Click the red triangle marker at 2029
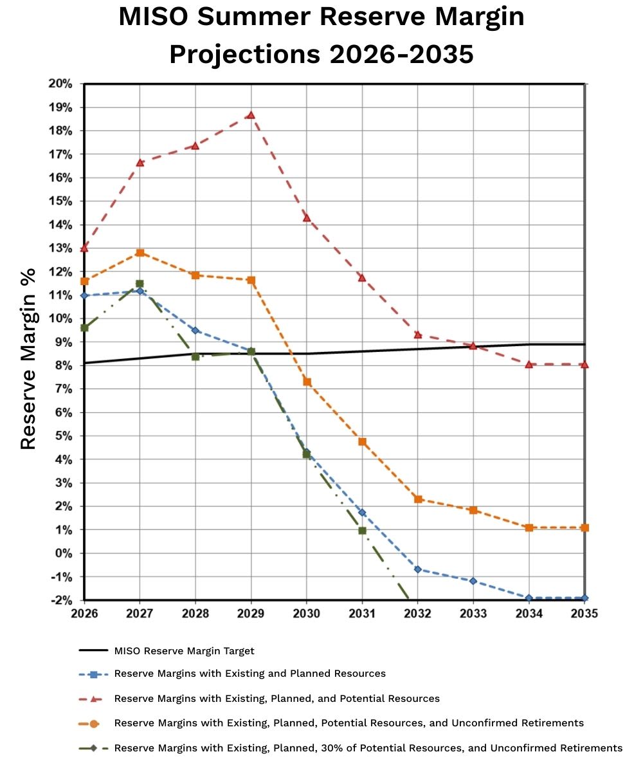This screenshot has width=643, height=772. click(251, 115)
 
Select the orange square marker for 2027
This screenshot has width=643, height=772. click(140, 253)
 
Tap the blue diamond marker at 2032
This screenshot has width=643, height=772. click(418, 569)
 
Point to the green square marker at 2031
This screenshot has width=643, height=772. click(362, 531)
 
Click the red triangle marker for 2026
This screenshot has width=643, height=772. click(84, 248)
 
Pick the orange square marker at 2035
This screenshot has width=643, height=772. click(584, 528)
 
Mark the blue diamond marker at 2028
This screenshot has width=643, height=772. click(195, 330)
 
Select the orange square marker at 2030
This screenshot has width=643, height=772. click(307, 381)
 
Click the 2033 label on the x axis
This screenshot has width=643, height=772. click(473, 614)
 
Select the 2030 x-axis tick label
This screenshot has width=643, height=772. click(307, 614)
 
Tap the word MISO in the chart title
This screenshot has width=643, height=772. click(158, 17)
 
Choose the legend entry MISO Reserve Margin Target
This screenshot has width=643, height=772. click(184, 650)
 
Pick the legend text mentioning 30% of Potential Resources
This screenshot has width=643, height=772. click(368, 748)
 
